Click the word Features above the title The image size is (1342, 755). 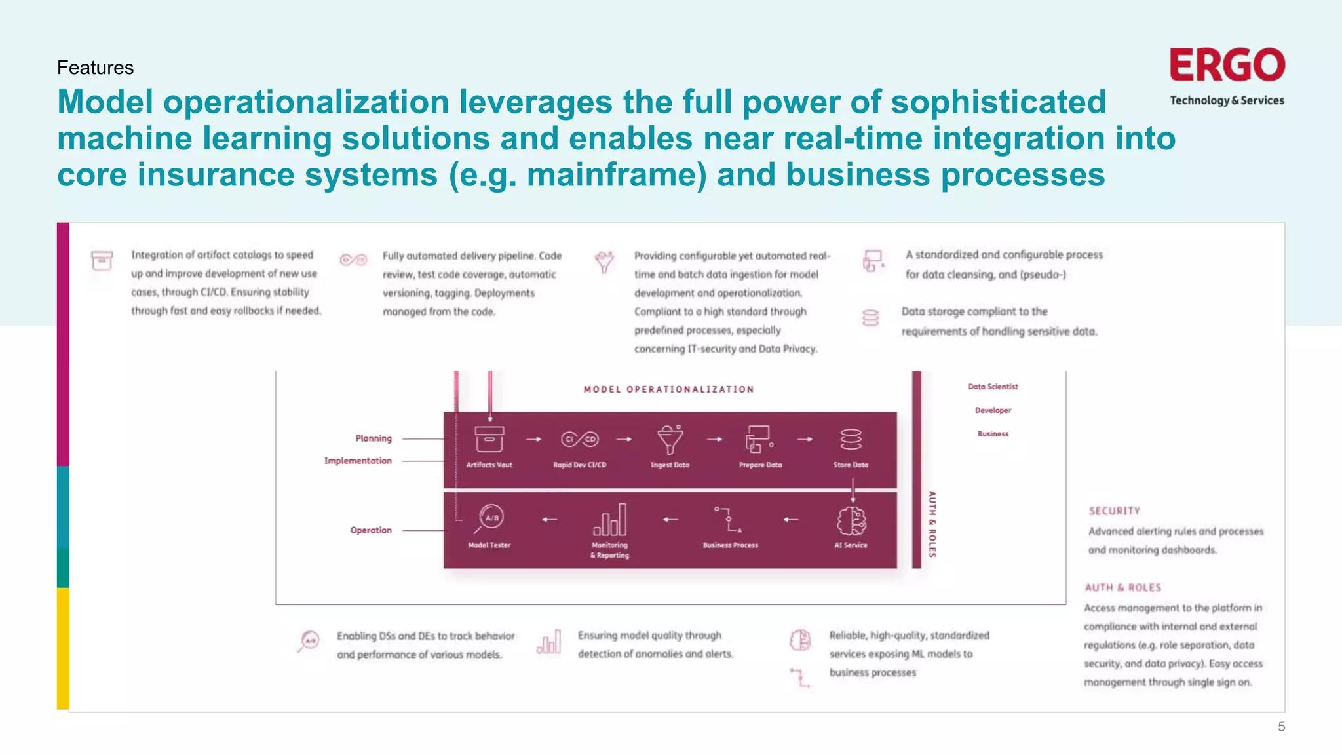pos(95,68)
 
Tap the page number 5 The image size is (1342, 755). pos(1281,726)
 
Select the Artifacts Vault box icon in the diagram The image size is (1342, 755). pos(489,439)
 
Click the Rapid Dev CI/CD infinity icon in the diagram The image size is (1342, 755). pos(579,439)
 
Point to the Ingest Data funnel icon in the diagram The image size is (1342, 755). pos(670,439)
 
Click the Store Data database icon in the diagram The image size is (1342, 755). pos(851,439)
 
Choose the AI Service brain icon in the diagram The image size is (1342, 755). pos(851,521)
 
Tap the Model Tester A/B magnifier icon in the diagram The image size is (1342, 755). pos(489,519)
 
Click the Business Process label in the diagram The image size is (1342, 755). pos(730,545)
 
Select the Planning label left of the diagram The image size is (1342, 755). pos(374,438)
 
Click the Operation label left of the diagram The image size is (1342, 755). pos(371,530)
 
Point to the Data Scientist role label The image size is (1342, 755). pos(993,387)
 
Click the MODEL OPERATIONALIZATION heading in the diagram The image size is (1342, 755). pos(668,389)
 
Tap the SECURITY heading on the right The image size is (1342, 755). pos(1115,511)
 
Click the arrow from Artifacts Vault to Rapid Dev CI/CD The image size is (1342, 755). pos(534,439)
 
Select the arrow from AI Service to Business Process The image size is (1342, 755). pos(791,520)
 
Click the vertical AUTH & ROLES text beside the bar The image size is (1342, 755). pos(932,524)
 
